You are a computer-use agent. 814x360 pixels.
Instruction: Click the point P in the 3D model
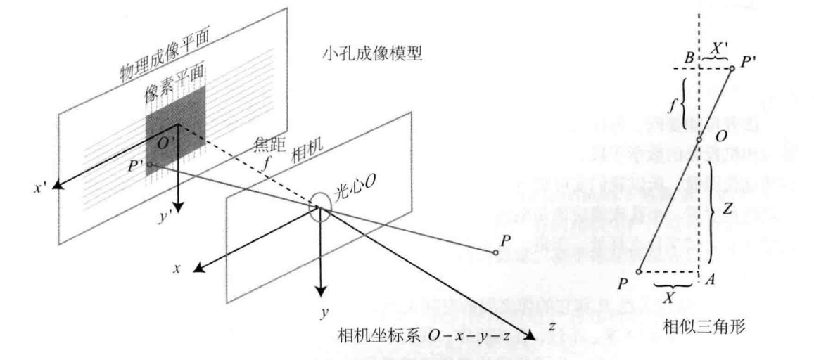coord(496,251)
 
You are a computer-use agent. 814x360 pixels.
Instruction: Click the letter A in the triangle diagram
coord(709,279)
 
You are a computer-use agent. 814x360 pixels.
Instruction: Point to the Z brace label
coord(731,209)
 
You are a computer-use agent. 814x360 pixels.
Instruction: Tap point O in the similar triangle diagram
coord(699,139)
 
